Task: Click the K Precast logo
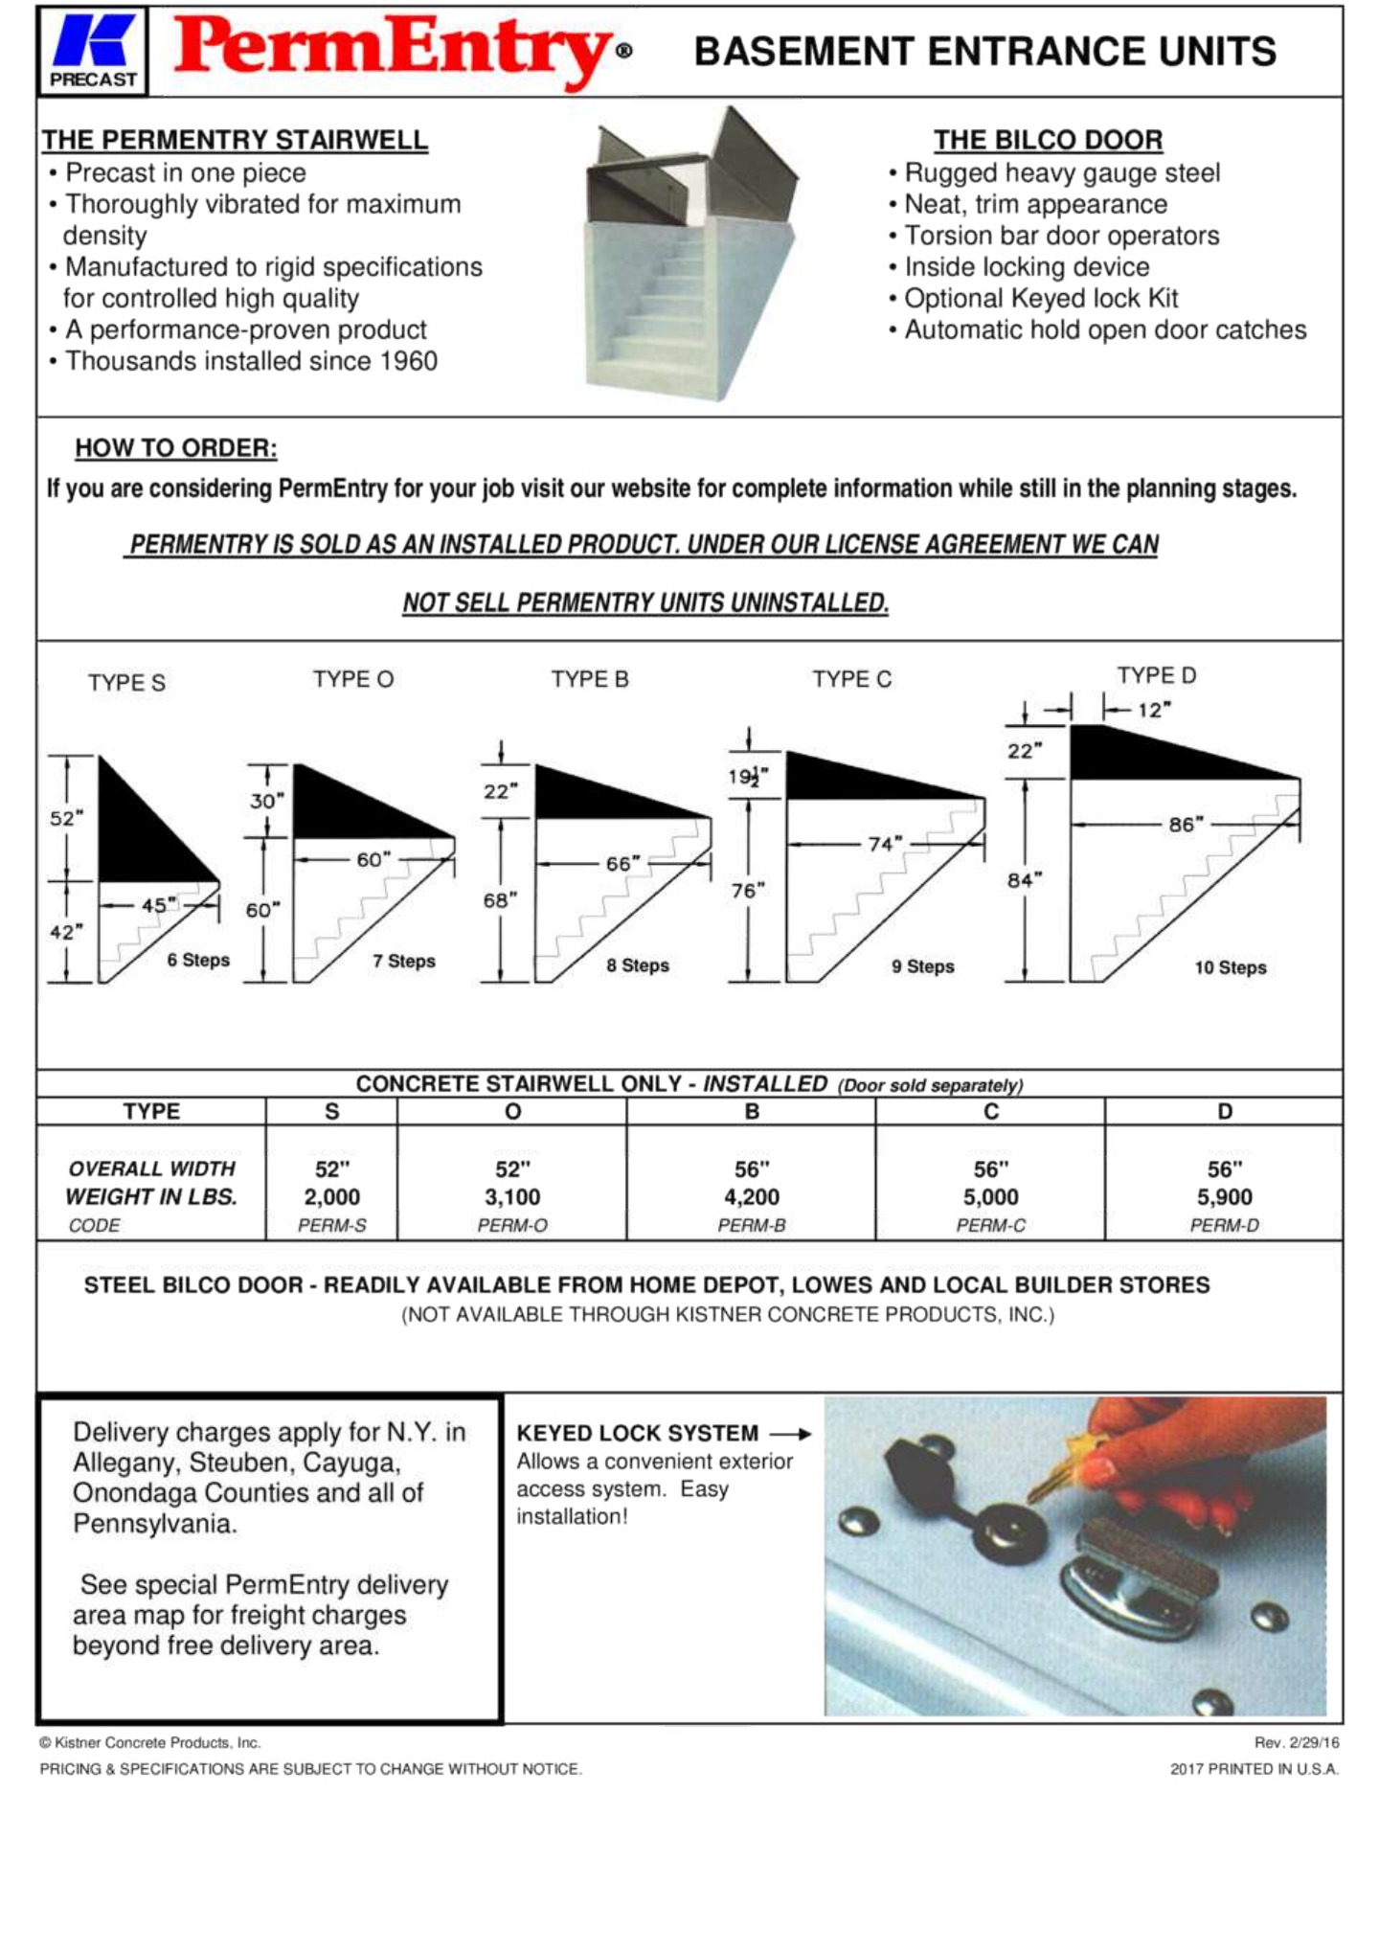93,52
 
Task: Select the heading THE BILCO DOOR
1048,140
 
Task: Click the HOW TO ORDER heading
176,448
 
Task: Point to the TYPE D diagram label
1156,675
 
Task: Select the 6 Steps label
198,960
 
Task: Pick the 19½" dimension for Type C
747,777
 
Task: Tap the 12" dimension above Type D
1154,710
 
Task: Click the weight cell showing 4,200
751,1196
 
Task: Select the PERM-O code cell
512,1225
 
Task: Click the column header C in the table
990,1111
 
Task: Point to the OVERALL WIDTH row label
151,1168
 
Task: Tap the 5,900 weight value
1224,1196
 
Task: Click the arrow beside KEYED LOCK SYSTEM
791,1434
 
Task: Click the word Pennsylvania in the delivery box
153,1523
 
